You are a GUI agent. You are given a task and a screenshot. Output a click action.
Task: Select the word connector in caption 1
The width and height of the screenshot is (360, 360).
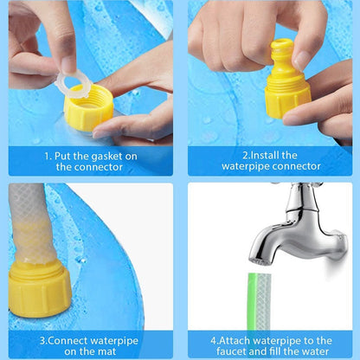(89, 167)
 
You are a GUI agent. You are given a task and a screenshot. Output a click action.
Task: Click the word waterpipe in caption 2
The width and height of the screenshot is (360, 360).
(246, 167)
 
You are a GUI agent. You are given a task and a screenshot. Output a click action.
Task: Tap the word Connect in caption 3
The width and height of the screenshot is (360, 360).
(67, 341)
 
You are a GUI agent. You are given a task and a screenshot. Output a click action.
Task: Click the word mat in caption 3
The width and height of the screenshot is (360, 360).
(109, 351)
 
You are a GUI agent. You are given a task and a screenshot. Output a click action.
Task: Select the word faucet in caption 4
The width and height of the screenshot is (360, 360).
(231, 351)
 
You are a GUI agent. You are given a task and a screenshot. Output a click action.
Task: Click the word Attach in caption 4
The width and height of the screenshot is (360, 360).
(235, 341)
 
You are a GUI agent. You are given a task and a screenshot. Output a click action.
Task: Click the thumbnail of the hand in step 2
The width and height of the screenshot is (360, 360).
(300, 60)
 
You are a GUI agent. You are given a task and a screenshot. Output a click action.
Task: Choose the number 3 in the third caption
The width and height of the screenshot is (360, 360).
(42, 341)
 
